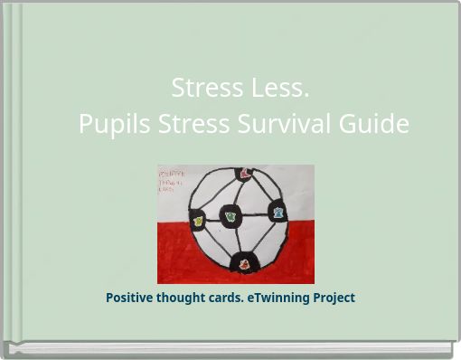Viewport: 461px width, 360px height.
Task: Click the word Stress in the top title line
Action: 202,89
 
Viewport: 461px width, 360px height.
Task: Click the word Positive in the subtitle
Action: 132,298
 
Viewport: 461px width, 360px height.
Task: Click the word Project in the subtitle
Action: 334,298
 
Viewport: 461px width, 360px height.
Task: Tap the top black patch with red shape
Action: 245,174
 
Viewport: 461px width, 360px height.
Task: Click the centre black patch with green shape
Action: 230,217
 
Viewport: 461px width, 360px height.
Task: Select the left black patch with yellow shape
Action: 197,218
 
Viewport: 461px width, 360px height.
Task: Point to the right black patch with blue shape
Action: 278,213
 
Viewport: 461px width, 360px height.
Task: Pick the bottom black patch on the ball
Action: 244,264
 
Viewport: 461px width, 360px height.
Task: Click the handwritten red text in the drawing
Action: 167,179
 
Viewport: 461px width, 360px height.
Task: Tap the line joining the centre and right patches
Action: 254,215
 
